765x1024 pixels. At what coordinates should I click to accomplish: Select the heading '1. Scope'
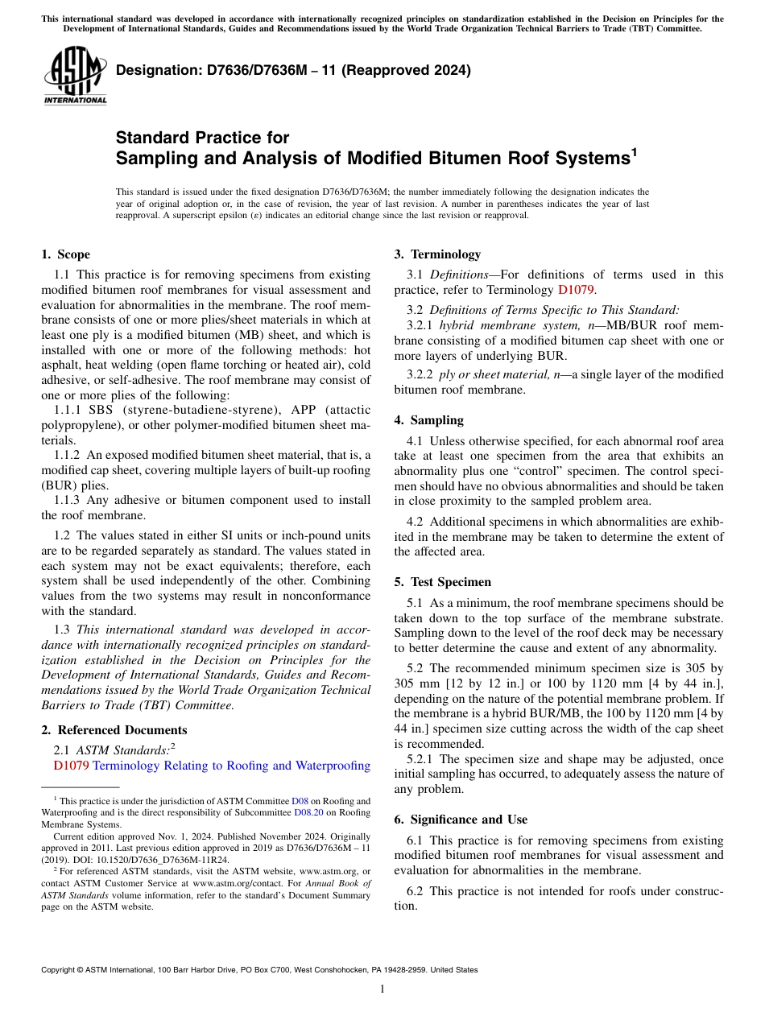(x=65, y=254)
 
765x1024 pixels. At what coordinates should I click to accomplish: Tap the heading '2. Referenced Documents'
(x=114, y=730)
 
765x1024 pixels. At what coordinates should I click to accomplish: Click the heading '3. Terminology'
(x=437, y=254)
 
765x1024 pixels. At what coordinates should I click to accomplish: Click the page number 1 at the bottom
(x=382, y=989)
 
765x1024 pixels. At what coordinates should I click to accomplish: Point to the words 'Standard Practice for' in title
(x=202, y=138)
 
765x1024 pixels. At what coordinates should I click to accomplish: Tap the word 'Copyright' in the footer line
(x=61, y=970)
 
